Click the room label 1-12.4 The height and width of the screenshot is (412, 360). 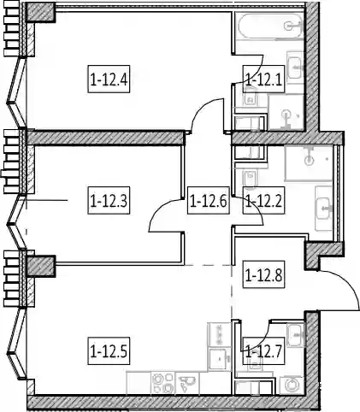pos(109,79)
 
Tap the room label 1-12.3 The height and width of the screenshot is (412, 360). pos(109,201)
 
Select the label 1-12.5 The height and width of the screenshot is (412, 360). pos(109,351)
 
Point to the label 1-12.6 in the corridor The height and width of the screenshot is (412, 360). pos(209,201)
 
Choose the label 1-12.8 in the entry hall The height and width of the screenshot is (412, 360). pos(263,275)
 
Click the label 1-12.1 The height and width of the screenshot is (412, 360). pos(263,79)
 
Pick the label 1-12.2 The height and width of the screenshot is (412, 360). pos(263,201)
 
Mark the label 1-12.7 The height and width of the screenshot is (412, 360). pos(263,351)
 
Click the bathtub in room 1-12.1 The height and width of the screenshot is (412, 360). pos(269,26)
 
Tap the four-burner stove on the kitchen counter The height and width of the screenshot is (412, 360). pos(162,383)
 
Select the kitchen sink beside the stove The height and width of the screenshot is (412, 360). pos(187,383)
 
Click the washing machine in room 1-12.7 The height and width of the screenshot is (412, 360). pos(292,386)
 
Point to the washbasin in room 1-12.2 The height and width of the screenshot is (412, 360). pos(324,209)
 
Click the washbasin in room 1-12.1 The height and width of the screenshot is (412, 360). pos(295,68)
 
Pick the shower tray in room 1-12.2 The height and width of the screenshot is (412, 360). pos(309,162)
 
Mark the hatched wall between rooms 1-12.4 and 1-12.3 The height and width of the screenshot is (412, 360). pos(105,138)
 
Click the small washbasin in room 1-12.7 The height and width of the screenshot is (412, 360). pos(296,335)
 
